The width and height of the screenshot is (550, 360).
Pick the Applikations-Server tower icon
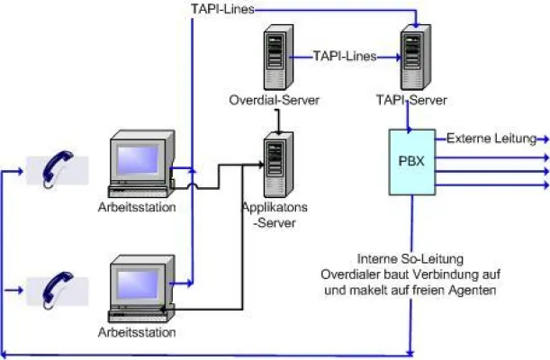(274, 163)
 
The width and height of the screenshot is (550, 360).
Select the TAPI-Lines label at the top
(222, 9)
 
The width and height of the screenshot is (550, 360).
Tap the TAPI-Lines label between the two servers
(344, 55)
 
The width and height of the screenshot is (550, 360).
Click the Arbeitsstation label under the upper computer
(136, 208)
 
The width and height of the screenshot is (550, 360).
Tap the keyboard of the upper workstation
(138, 190)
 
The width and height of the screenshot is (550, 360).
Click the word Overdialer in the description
(354, 274)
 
